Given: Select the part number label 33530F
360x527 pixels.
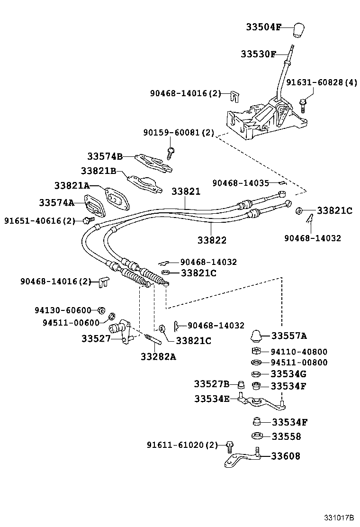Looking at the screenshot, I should point(258,54).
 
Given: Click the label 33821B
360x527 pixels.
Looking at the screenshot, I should point(98,171).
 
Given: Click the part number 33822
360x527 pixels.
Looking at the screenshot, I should point(212,240).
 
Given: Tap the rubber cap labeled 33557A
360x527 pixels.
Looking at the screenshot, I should point(257,336).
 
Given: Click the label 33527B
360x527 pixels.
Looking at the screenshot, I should point(211,383).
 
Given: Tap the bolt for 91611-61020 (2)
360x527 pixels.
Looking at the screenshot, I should point(230,445).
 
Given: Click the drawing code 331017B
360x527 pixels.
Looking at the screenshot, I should point(339,518).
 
